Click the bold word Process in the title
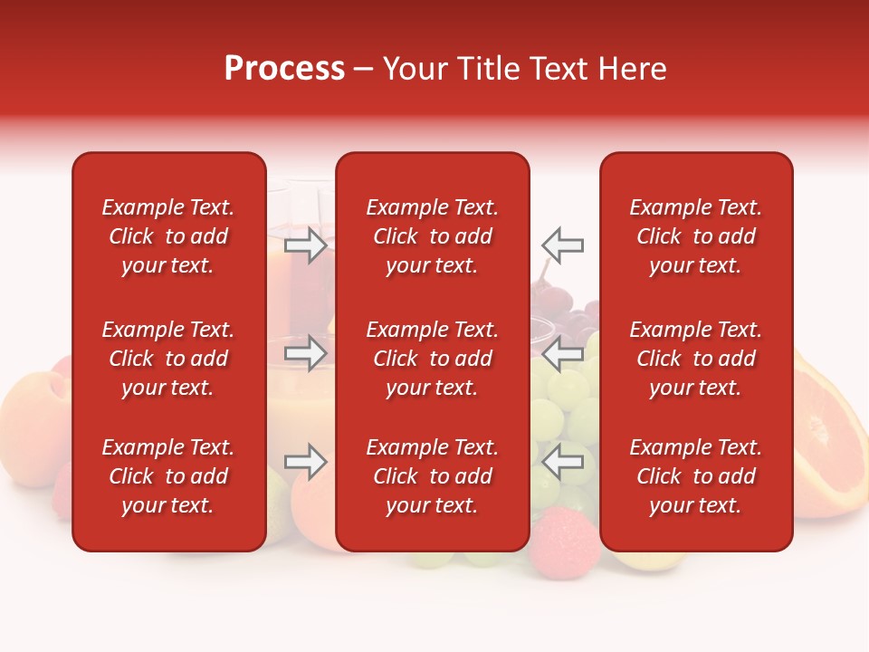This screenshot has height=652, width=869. click(284, 69)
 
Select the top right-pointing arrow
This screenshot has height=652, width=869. click(306, 245)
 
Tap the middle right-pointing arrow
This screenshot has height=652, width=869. click(306, 353)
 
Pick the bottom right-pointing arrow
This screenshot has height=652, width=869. click(306, 462)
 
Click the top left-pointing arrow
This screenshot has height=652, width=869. click(562, 245)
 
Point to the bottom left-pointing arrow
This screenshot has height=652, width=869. click(562, 462)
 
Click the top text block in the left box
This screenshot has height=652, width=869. click(168, 236)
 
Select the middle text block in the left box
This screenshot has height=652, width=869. click(168, 359)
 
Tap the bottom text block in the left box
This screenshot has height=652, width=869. click(168, 476)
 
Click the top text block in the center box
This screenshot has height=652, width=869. click(433, 236)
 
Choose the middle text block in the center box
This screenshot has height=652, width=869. click(433, 359)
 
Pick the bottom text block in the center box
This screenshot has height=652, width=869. click(433, 476)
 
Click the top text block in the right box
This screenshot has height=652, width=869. click(696, 236)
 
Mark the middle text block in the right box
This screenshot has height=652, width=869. click(696, 359)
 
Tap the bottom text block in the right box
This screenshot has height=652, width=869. click(696, 476)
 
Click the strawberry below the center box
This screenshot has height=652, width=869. click(554, 539)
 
